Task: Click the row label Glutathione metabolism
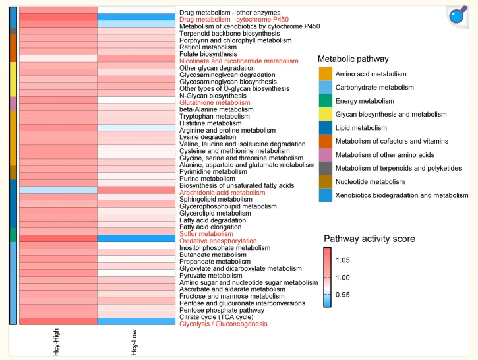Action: pos(215,102)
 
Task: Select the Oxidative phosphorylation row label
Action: pos(218,241)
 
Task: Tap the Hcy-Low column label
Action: pos(134,342)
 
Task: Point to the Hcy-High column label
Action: pos(56,342)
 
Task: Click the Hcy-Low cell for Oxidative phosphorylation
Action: pos(136,238)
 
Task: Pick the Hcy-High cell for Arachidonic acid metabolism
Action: pos(58,190)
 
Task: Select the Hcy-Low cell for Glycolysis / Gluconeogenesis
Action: pos(136,321)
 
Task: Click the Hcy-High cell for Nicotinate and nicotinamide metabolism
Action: pos(58,58)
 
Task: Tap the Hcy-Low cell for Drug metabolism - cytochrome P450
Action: pos(136,16)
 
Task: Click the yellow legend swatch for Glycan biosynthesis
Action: pos(326,114)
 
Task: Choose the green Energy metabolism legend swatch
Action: pos(326,101)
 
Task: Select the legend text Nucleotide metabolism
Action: pos(370,182)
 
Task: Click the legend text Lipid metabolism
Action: pos(361,128)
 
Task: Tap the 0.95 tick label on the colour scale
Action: pos(343,295)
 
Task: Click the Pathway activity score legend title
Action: pos(369,239)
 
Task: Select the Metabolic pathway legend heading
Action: pos(353,59)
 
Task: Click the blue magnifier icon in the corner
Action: pos(458,16)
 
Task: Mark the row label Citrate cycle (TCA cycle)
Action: pos(216,317)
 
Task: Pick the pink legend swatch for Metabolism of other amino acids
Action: pos(326,155)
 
